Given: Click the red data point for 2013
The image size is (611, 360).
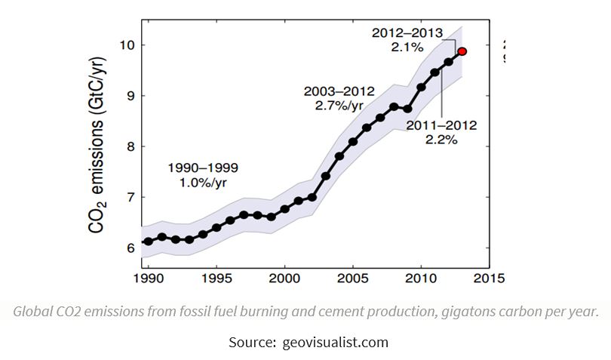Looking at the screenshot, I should tap(462, 51).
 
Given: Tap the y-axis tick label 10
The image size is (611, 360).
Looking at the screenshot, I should tap(127, 45).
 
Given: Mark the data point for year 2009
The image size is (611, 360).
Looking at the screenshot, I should tap(407, 109).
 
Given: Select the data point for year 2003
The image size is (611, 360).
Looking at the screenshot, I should tap(326, 176).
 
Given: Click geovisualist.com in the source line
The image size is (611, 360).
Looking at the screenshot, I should tap(336, 342).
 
